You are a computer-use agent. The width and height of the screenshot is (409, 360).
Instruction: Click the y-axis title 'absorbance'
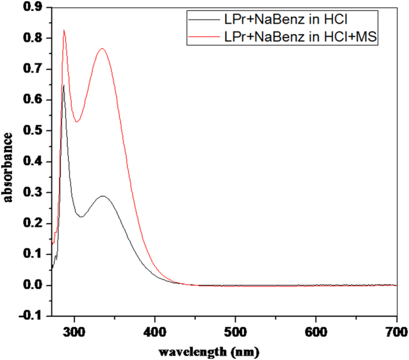[x=8, y=161]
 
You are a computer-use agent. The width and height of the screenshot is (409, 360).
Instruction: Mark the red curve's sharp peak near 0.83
[x=64, y=29]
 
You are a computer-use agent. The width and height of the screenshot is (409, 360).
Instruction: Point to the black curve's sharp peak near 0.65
[x=63, y=85]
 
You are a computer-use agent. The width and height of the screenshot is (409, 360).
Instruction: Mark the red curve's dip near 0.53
[x=77, y=122]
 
